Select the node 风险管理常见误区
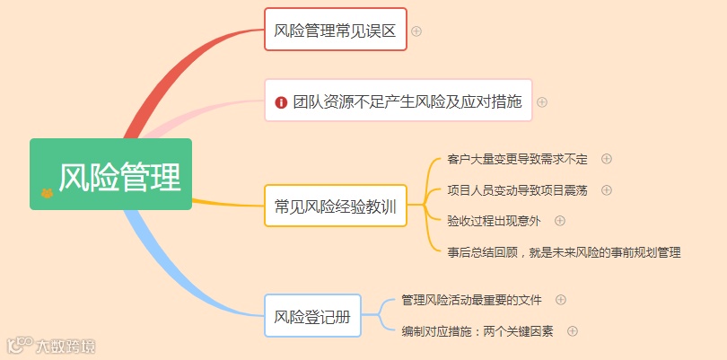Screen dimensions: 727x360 (335, 31)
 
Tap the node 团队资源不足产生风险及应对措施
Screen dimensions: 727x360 (398, 101)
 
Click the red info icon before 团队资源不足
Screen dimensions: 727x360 (281, 102)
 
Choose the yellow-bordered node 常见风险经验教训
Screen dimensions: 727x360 (335, 206)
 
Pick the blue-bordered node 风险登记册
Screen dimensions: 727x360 (312, 316)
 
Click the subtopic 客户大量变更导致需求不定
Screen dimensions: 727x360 (517, 160)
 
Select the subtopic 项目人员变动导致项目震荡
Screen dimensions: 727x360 (517, 190)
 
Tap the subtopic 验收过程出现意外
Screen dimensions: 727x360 (494, 221)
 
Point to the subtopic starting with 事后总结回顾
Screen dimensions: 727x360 (564, 252)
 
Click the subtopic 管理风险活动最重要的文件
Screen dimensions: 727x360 (471, 300)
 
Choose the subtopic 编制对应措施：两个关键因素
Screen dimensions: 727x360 (477, 331)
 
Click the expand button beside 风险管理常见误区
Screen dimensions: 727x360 (416, 31)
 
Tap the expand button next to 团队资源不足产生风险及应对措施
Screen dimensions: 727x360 (542, 101)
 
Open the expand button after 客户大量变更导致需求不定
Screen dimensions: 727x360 (607, 159)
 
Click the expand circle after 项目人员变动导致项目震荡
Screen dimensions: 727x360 (607, 190)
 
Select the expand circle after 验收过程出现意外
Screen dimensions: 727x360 (560, 221)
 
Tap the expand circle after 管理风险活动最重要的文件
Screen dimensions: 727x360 (561, 300)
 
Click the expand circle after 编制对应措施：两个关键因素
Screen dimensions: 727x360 (573, 331)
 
